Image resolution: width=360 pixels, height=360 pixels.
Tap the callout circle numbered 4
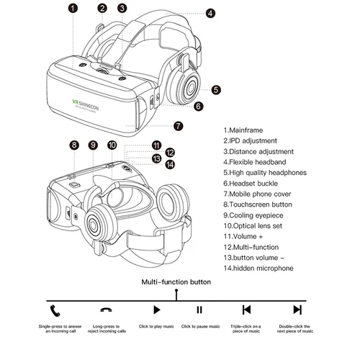click(210, 13)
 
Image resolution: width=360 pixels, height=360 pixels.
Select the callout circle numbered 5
click(216, 90)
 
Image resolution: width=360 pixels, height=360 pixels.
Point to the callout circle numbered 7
click(178, 125)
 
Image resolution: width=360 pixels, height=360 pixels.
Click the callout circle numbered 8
click(73, 145)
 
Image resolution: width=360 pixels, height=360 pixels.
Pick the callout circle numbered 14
click(169, 164)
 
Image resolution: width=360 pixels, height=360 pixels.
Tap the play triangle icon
click(155, 310)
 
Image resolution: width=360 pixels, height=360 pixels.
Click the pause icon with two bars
click(199, 310)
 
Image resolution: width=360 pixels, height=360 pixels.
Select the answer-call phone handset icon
click(55, 310)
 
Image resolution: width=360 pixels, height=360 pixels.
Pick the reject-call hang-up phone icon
click(105, 310)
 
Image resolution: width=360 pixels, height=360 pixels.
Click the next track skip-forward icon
click(297, 310)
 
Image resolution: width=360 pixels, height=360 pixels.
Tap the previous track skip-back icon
click(246, 310)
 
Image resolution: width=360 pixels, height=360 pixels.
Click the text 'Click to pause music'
click(200, 327)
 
